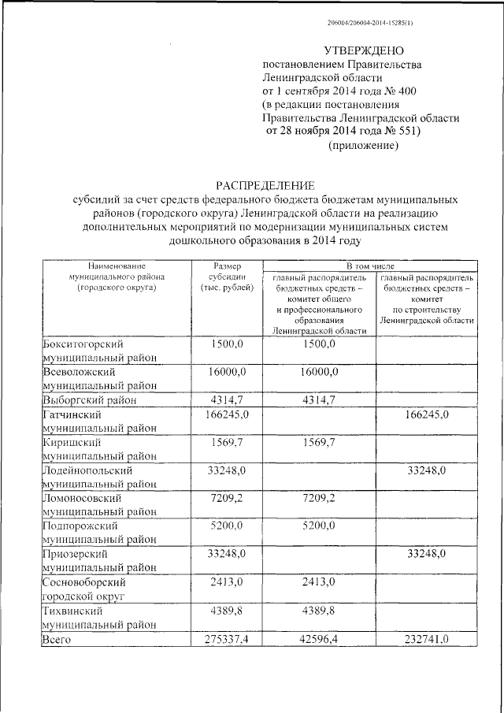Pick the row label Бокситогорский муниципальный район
click(99, 351)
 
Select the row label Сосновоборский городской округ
click(87, 590)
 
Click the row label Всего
click(57, 640)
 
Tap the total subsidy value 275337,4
click(226, 640)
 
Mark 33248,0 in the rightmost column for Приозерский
click(426, 554)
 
